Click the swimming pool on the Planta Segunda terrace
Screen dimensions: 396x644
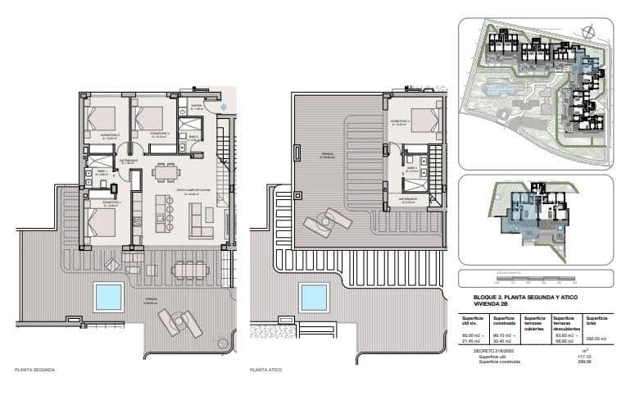pos(108,297)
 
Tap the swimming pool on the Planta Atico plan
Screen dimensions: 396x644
pos(314,297)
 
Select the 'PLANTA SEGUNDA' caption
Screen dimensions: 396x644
pos(35,371)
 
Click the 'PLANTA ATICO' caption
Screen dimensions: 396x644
pos(266,371)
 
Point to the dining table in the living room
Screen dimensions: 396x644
pos(165,173)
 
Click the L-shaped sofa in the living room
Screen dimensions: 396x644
pos(201,219)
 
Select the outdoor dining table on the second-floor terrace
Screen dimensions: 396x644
pos(190,269)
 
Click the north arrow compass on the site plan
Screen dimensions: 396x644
pos(588,31)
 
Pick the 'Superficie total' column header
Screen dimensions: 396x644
pos(595,320)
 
